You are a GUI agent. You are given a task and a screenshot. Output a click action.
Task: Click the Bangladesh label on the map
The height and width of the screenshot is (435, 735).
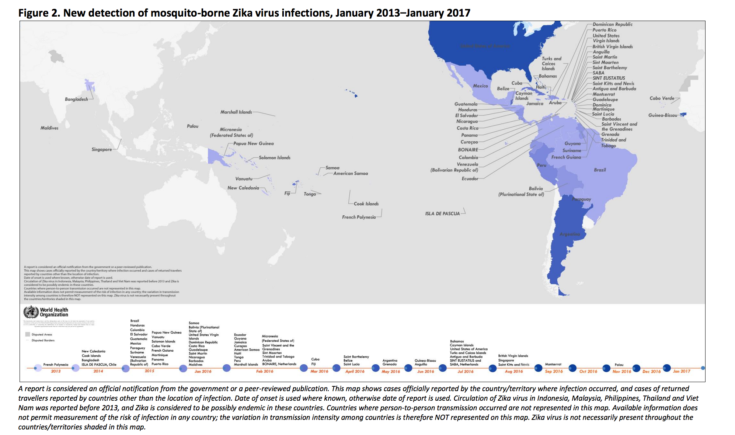pyautogui.click(x=76, y=99)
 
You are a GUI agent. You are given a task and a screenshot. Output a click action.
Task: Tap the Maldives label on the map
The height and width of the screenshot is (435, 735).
pyautogui.click(x=49, y=128)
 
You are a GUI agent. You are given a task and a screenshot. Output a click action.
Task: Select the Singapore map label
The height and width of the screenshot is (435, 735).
pyautogui.click(x=102, y=149)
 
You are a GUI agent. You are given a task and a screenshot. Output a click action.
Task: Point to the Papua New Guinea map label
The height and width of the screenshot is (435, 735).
pyautogui.click(x=253, y=143)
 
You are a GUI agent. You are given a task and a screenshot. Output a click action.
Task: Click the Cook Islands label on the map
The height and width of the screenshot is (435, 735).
pyautogui.click(x=366, y=203)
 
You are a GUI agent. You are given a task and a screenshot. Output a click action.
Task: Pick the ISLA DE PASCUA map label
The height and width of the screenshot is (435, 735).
pyautogui.click(x=442, y=213)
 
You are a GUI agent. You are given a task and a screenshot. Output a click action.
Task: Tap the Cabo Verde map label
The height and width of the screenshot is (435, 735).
pyautogui.click(x=662, y=98)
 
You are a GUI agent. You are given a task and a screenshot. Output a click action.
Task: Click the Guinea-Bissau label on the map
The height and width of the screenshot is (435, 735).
pyautogui.click(x=663, y=115)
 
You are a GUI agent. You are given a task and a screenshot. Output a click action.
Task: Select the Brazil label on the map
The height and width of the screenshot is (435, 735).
pyautogui.click(x=600, y=170)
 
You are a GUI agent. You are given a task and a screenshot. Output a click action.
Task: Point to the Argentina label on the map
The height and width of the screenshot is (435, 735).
pyautogui.click(x=569, y=234)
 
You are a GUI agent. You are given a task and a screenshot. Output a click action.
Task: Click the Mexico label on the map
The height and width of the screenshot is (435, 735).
pyautogui.click(x=480, y=86)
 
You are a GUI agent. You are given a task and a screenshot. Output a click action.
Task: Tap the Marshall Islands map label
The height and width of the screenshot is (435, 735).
pyautogui.click(x=236, y=112)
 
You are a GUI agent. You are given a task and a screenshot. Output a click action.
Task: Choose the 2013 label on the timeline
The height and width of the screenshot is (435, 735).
pyautogui.click(x=56, y=371)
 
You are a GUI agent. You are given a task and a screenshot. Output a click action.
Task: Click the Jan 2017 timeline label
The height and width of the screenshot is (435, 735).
pyautogui.click(x=682, y=371)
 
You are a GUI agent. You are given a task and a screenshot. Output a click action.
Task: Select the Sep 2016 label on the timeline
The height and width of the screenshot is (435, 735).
pyautogui.click(x=554, y=371)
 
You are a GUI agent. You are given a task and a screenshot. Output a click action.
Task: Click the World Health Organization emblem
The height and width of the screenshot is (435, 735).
pyautogui.click(x=31, y=312)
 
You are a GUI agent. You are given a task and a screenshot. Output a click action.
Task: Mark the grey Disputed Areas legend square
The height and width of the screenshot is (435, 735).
pyautogui.click(x=27, y=334)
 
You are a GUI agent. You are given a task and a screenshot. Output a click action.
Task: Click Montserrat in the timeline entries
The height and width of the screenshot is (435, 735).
pyautogui.click(x=553, y=364)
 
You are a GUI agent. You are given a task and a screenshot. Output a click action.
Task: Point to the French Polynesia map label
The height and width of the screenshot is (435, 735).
pyautogui.click(x=359, y=217)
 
